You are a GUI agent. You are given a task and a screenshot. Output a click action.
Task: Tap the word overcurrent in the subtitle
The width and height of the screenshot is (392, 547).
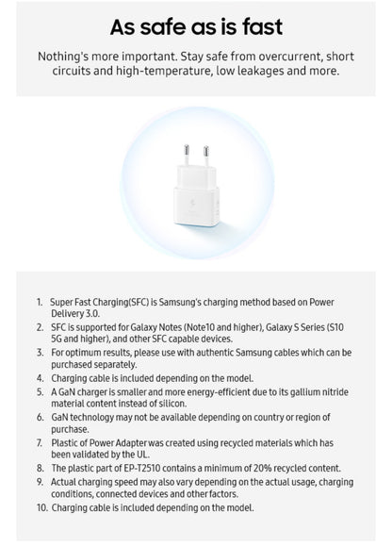coord(269,57)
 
